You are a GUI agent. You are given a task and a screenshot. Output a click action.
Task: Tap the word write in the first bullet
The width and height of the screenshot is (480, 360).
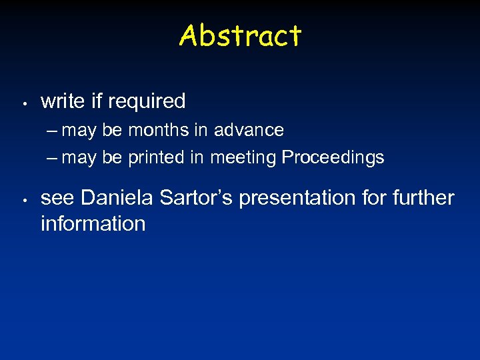(63, 101)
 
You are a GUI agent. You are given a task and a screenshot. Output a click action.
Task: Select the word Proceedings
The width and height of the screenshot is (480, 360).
(333, 158)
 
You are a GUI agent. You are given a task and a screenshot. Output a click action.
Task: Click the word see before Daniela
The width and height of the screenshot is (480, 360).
(58, 198)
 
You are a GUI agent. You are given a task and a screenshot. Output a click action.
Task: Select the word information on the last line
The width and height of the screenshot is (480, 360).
(93, 223)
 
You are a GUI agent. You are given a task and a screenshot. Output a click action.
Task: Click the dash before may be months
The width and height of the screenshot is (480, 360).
(53, 131)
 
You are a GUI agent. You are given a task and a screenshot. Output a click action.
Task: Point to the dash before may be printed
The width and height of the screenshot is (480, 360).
(53, 159)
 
